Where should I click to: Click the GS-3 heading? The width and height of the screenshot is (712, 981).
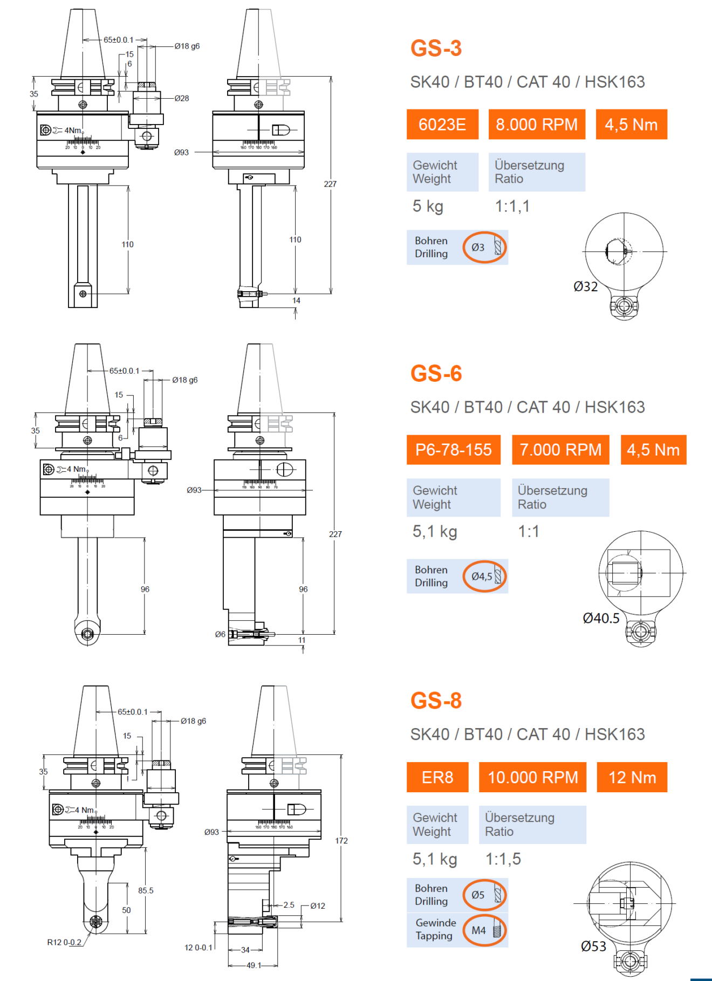coord(436,48)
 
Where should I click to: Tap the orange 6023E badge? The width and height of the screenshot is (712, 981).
coord(442,125)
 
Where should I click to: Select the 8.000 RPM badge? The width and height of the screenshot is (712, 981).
coord(537,125)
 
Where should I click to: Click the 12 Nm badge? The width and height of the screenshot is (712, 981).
coord(632,777)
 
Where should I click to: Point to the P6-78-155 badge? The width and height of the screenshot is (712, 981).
coord(454,450)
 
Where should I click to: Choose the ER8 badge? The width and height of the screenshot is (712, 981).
coord(437,777)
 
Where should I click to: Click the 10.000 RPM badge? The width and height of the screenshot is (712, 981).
coord(532,777)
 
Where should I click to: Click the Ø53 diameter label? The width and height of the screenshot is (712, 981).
coord(593,946)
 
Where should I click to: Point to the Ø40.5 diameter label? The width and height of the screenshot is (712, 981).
coord(601,618)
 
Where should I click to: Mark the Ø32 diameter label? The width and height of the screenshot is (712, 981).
coord(586,286)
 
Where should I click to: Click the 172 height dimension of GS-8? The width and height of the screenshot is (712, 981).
coord(341,840)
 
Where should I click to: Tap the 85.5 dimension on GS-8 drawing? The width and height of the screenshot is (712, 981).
coord(146,890)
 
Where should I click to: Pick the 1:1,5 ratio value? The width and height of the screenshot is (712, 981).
coord(503,859)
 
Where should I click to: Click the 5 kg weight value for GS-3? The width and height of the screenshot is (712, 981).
coord(428,206)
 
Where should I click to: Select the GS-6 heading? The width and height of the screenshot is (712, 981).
coord(436,373)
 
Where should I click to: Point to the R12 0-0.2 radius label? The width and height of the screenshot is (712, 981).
coord(64,942)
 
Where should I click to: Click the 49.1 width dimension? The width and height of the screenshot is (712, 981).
coord(254,965)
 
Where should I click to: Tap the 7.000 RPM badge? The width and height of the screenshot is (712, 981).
coord(560,450)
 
